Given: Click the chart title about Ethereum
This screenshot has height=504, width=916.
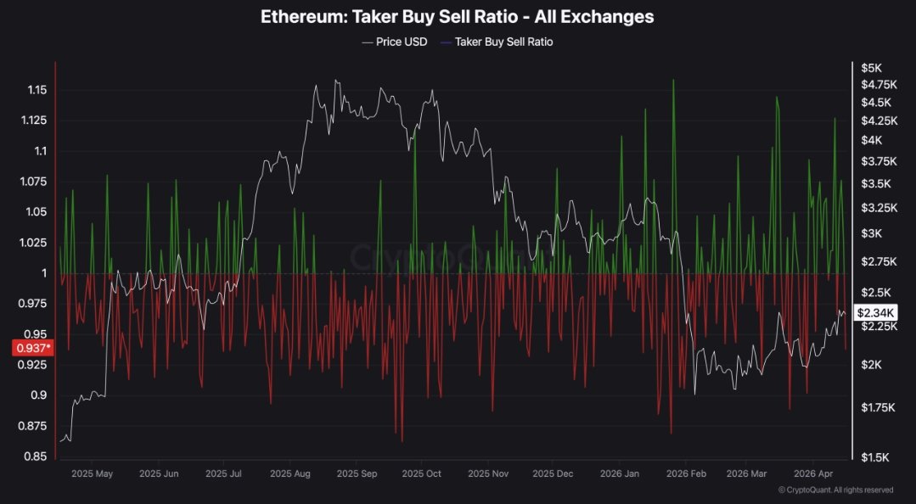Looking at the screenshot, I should [458, 16].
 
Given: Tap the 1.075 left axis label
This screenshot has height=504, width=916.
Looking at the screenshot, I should [34, 182].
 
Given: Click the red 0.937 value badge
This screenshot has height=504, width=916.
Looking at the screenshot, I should [32, 347].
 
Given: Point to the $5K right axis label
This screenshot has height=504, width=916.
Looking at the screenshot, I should [872, 68].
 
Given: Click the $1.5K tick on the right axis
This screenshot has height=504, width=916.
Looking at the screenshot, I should [874, 457].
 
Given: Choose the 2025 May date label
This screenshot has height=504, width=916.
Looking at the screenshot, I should [93, 473].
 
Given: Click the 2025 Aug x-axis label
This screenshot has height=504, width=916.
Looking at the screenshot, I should [289, 473].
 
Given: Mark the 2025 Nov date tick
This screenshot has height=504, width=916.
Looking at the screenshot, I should [487, 473].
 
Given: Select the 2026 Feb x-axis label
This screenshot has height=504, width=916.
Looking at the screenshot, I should [687, 473].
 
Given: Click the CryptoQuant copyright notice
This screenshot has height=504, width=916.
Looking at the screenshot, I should [835, 490].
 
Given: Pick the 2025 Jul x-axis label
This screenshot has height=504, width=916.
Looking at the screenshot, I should [225, 473].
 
